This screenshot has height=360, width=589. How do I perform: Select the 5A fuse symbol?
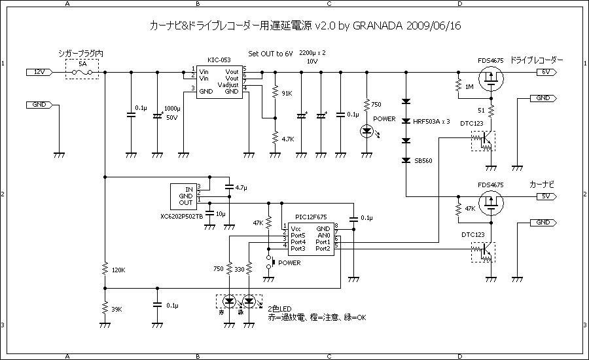coord(82,72)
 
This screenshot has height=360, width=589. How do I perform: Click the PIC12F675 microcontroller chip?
coord(310,238)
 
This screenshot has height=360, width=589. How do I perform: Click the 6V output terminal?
coord(546,71)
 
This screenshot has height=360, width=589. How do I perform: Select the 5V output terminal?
coord(546,196)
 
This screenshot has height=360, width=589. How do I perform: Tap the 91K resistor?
coord(275,94)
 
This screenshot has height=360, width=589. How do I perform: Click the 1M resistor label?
coord(469,87)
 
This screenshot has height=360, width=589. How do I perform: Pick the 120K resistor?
coord(104,269)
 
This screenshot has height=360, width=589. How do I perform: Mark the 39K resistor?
coord(104,308)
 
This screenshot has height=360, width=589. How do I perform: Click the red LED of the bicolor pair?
coord(229,301)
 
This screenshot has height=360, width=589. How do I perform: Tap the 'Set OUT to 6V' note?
coord(270,53)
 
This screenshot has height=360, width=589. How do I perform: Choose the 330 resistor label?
coord(239,268)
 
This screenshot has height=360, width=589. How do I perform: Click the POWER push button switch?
coord(268,262)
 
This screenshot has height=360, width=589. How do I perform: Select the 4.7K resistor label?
coord(287,139)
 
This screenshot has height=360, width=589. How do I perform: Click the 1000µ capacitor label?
coord(172,108)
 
